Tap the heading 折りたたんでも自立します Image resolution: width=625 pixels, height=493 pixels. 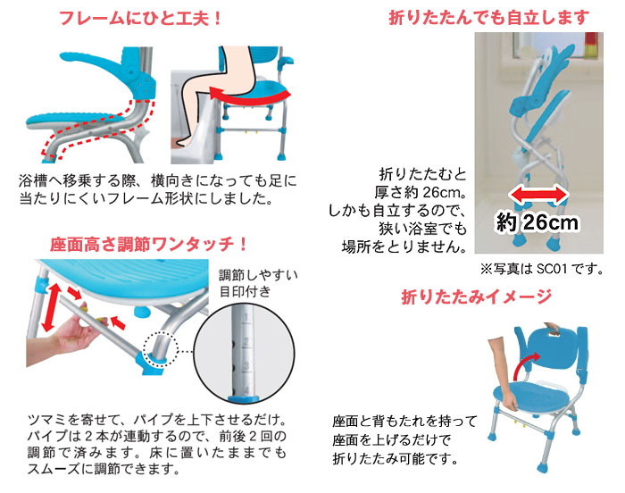click(x=490, y=17)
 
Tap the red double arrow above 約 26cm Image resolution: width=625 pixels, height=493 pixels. click(x=539, y=193)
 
